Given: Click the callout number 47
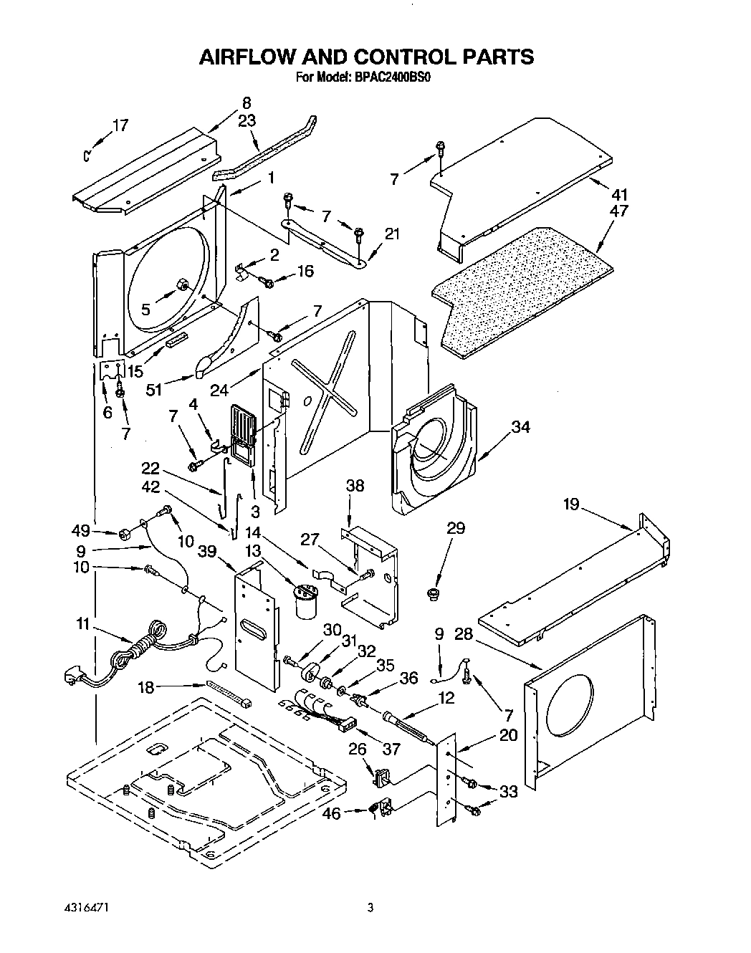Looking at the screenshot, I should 620,211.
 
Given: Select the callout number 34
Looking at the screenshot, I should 521,427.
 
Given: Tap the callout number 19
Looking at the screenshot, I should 571,504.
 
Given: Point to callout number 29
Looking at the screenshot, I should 456,528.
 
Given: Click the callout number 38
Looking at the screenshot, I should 355,486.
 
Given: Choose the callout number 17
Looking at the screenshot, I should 120,125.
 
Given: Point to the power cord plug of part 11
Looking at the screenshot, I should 74,675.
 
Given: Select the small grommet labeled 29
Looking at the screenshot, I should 434,593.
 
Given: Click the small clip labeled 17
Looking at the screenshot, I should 86,153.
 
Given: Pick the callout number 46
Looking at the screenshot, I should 330,813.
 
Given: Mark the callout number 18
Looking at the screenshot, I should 145,688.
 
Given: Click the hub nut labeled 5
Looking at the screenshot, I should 182,287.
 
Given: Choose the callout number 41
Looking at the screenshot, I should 620,194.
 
